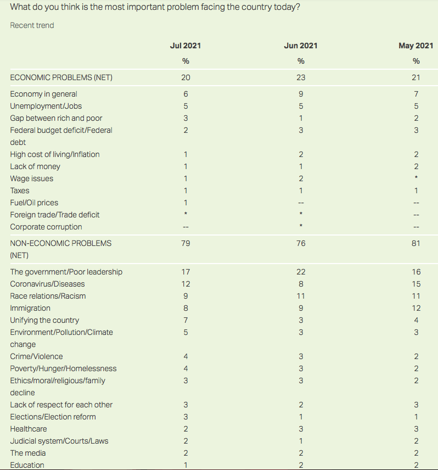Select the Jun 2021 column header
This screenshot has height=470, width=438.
pyautogui.click(x=301, y=46)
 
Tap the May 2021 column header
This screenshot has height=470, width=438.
pyautogui.click(x=416, y=46)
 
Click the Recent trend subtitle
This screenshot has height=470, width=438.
pyautogui.click(x=32, y=25)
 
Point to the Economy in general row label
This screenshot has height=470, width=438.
pyautogui.click(x=43, y=94)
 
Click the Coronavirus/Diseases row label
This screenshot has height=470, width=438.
pyautogui.click(x=47, y=284)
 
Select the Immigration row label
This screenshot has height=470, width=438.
pyautogui.click(x=30, y=308)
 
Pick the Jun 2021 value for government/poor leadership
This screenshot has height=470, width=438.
pyautogui.click(x=301, y=272)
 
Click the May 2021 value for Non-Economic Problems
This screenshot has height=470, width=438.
pyautogui.click(x=416, y=242)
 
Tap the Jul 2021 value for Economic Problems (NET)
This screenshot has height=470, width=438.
pyautogui.click(x=186, y=77)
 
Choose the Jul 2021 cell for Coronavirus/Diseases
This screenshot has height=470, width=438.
pyautogui.click(x=186, y=284)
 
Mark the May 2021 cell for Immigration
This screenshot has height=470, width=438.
pyautogui.click(x=416, y=308)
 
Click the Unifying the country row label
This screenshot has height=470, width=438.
pyautogui.click(x=44, y=320)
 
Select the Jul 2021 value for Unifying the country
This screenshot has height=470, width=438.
pyautogui.click(x=186, y=320)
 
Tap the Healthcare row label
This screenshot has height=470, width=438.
pyautogui.click(x=29, y=429)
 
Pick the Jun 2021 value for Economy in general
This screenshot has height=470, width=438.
pyautogui.click(x=301, y=94)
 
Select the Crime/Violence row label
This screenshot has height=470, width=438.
pyautogui.click(x=36, y=356)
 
